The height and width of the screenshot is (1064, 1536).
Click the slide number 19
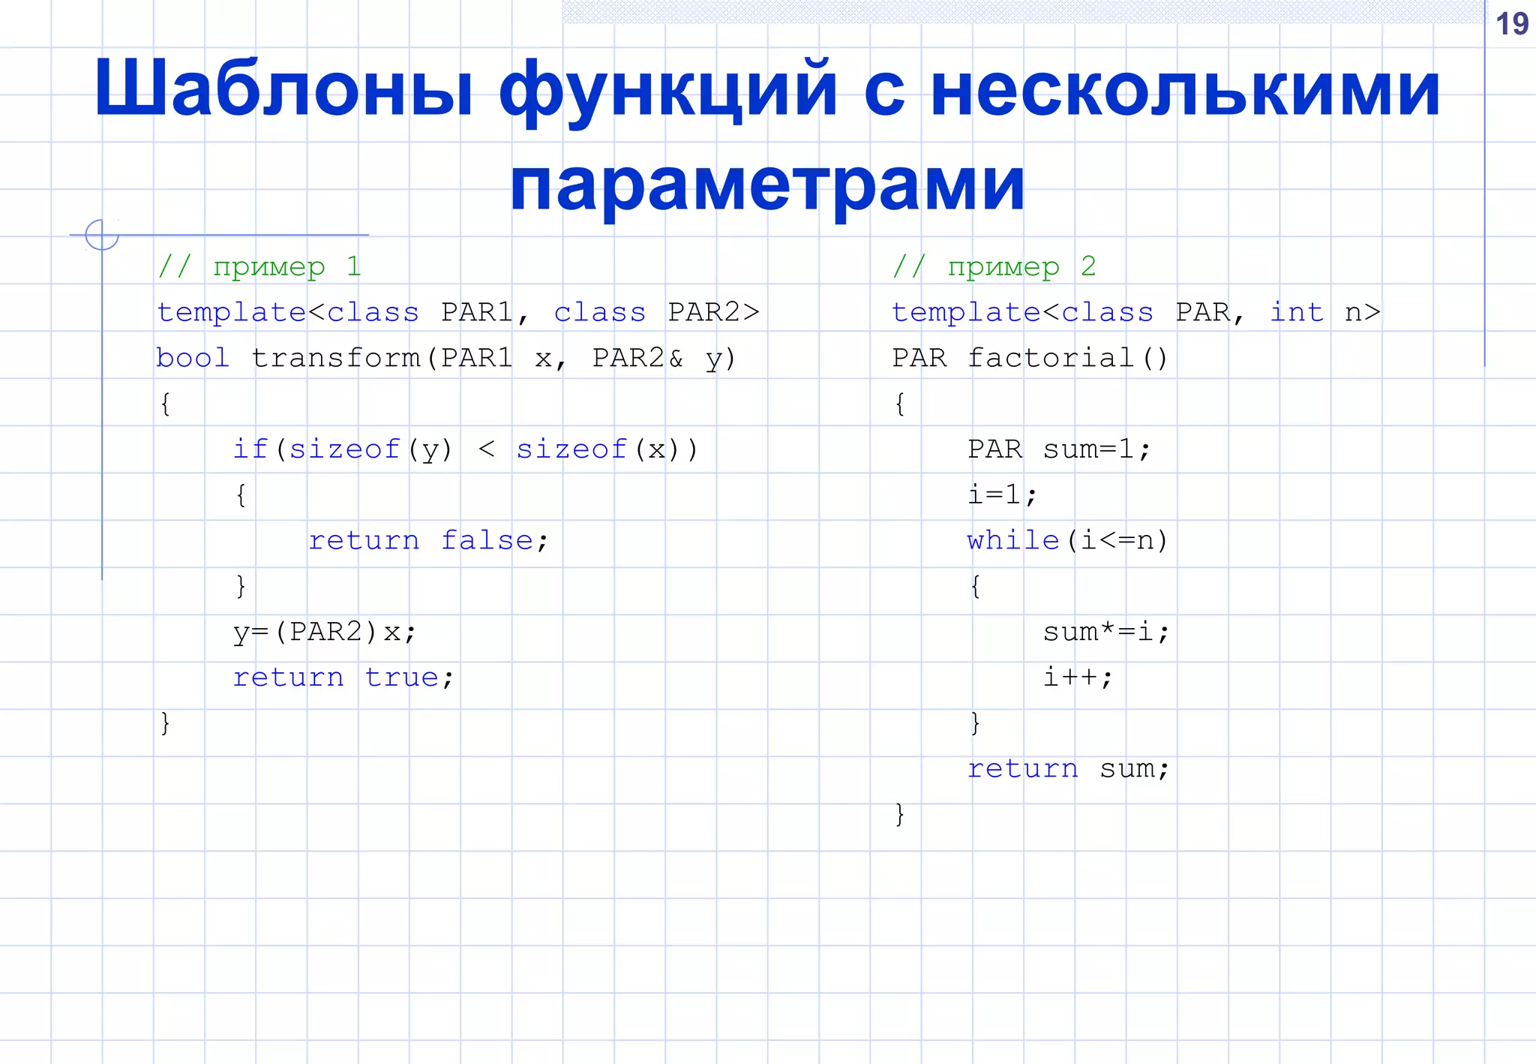[x=1511, y=24]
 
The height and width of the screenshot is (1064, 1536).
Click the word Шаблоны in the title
[x=283, y=89]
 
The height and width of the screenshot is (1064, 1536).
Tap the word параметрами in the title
[x=767, y=184]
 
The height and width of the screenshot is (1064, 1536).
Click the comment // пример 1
[x=259, y=266]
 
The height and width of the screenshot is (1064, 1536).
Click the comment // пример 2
[x=994, y=266]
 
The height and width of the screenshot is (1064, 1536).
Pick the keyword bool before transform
[x=192, y=358]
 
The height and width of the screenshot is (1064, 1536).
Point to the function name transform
[x=336, y=358]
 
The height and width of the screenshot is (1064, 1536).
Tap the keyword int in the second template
[x=1296, y=312]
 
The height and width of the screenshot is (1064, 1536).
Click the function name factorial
[x=1050, y=358]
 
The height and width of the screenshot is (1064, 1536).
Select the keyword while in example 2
[x=1012, y=540]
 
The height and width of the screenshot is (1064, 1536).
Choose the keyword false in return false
[x=487, y=540]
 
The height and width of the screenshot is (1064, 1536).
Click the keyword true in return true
[x=402, y=678]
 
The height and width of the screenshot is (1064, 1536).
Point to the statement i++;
[x=1078, y=678]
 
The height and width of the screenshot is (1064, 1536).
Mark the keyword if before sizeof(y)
[x=250, y=449]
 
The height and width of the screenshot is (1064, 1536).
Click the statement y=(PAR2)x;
[x=324, y=632]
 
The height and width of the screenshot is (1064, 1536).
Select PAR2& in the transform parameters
[x=637, y=358]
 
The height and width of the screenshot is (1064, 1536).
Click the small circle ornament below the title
[x=102, y=235]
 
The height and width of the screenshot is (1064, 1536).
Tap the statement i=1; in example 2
[x=1002, y=494]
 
